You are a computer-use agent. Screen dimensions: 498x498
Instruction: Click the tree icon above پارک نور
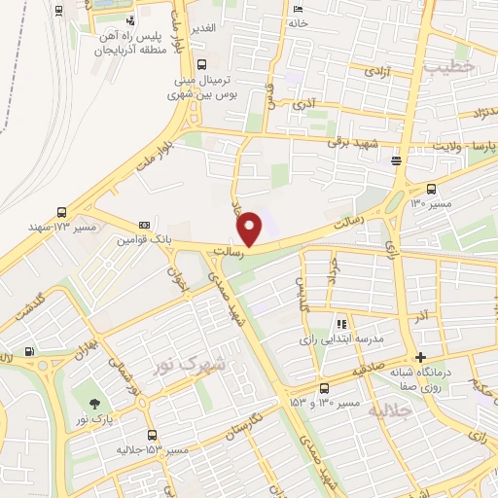[94, 404]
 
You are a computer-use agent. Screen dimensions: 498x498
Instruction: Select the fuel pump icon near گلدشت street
[30, 352]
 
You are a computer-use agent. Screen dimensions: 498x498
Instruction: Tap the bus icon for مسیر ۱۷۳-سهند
[62, 211]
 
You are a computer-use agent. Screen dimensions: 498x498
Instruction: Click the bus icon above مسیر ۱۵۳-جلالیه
[151, 435]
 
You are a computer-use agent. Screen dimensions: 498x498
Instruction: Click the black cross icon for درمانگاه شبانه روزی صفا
[420, 357]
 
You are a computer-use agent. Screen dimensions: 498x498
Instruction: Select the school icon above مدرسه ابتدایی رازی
[340, 323]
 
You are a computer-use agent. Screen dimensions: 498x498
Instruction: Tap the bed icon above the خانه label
[297, 9]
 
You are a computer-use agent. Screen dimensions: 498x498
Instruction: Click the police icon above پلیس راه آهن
[130, 19]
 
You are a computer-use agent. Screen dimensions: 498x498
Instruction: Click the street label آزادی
[374, 71]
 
